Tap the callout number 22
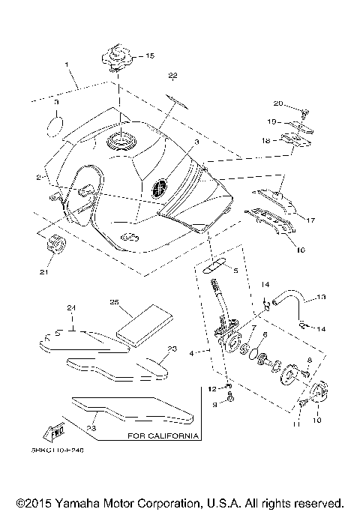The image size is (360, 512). pyautogui.click(x=172, y=76)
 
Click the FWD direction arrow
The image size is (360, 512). pyautogui.click(x=57, y=432)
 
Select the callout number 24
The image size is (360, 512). pyautogui.click(x=72, y=308)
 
